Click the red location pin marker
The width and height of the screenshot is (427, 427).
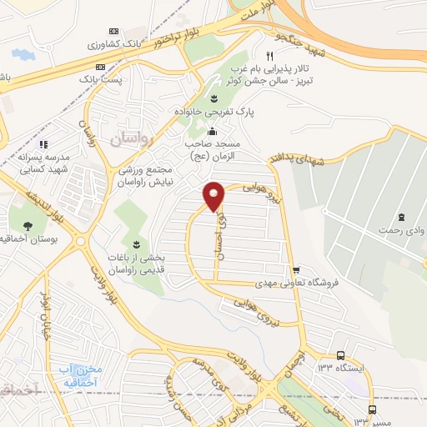coord(214,195)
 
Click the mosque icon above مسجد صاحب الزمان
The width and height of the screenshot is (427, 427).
coord(213,131)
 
